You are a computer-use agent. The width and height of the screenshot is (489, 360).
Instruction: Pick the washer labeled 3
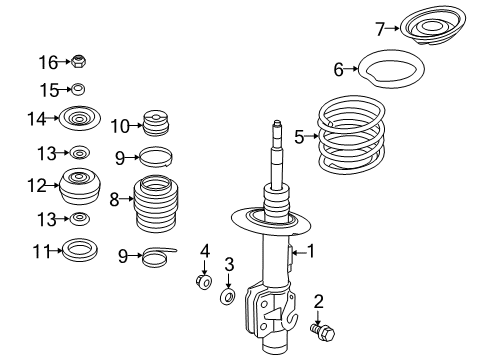[x=228, y=297]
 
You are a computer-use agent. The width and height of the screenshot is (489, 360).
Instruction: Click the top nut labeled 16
[x=78, y=63]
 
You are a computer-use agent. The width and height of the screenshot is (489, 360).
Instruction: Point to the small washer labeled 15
[x=78, y=90]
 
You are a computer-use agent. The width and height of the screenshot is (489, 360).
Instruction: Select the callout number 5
[x=299, y=137]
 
